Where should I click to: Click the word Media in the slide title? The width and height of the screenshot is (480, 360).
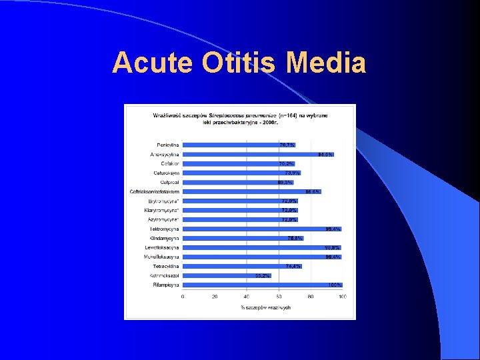325,63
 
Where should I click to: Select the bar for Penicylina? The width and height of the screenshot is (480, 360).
230,145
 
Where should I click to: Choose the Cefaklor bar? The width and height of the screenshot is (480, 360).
230,163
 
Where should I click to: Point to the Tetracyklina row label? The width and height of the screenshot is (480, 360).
165,266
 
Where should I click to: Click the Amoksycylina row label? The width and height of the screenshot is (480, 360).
164,154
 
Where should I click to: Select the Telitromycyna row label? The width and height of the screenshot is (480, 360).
164,229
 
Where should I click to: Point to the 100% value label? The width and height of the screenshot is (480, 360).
335,285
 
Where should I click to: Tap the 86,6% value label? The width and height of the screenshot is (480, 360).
313,191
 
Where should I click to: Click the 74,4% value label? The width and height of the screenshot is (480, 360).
293,266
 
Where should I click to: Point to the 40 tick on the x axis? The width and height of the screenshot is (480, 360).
247,297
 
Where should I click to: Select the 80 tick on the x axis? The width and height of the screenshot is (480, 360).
311,297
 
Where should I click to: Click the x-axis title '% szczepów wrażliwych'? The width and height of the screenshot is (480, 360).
265,307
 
